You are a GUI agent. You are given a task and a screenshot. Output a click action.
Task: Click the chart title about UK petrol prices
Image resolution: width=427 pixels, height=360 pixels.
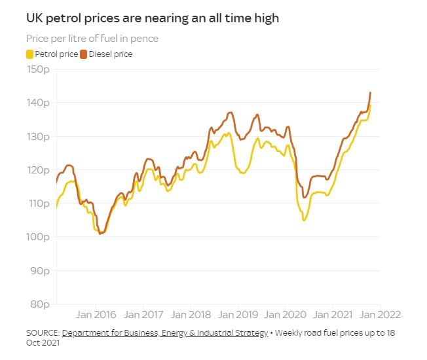pos(152,18)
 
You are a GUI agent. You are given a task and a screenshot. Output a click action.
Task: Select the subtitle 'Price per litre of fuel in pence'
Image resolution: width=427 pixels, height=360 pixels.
pos(92,39)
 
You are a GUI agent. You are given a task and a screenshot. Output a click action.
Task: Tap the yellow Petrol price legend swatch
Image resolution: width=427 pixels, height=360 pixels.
pos(29,54)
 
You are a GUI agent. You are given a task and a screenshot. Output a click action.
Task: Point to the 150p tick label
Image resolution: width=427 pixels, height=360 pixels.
pos(39,69)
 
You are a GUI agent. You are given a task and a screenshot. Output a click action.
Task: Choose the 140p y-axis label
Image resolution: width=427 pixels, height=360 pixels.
pos(39,103)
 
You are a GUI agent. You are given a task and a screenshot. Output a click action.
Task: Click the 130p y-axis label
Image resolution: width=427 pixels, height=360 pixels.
pos(39,137)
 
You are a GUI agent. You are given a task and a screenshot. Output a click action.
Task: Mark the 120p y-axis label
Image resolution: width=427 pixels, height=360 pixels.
pos(39,170)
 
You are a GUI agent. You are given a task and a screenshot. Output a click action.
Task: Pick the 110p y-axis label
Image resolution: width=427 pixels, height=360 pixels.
pos(39,204)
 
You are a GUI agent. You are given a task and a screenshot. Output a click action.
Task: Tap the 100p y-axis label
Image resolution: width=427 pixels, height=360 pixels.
pos(39,237)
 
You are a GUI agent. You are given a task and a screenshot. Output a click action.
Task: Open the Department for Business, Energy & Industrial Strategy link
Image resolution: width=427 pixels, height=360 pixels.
pos(165,333)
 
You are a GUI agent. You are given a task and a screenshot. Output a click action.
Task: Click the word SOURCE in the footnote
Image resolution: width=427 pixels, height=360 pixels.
pos(42,333)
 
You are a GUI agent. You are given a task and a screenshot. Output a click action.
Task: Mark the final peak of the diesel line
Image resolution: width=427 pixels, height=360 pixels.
pos(370,93)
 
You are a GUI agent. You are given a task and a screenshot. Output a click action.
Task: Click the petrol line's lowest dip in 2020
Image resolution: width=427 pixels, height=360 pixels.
pos(304,220)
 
